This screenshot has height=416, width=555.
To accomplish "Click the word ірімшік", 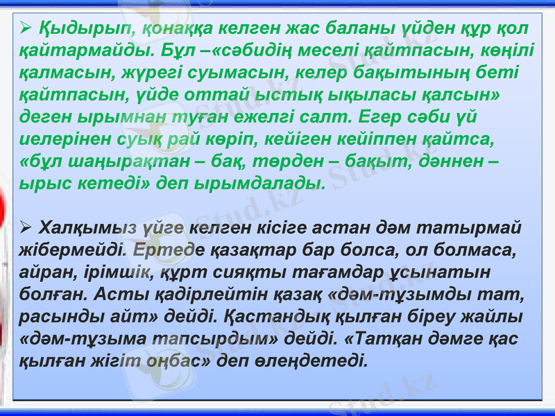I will [x=120, y=272].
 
